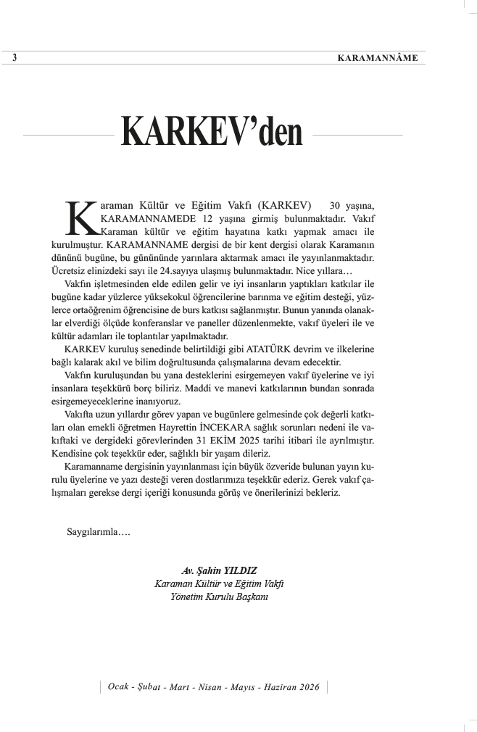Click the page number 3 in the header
point(15,58)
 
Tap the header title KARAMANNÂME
point(377,58)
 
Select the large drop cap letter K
point(80,217)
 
